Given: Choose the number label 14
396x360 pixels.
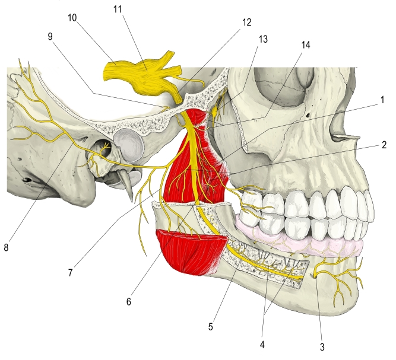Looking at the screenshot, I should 306,45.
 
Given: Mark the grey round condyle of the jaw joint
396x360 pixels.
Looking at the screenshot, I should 128,146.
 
